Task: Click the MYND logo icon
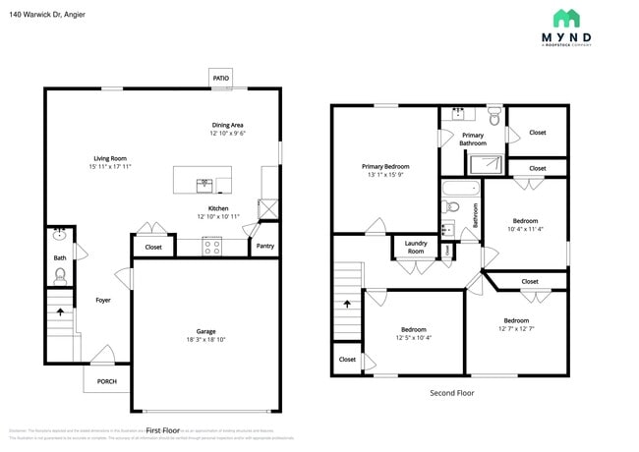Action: [566, 18]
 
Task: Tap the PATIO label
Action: [222, 78]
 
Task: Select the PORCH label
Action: [106, 381]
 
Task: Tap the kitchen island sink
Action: [204, 182]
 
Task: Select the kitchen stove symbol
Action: [212, 248]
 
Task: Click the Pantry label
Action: [264, 246]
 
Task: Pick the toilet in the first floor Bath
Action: [60, 275]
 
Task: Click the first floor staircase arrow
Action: [62, 313]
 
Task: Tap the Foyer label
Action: [103, 300]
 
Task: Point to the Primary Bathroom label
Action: [473, 139]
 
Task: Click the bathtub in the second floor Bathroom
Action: [460, 187]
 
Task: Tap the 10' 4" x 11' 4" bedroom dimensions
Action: [526, 229]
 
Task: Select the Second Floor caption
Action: [451, 392]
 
